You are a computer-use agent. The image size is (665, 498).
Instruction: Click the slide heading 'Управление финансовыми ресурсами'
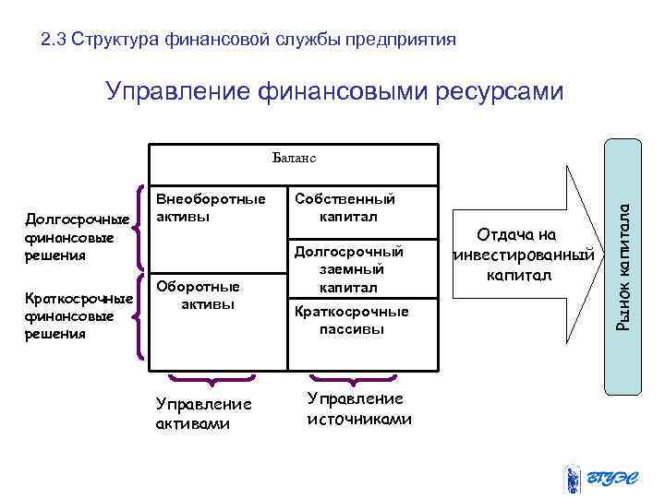(333, 91)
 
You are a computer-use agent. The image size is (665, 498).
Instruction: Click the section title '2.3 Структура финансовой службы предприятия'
(248, 41)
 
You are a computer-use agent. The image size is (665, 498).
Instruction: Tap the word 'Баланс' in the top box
(295, 157)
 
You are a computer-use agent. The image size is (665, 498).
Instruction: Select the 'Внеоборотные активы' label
(210, 207)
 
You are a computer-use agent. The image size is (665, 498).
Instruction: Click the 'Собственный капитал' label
(347, 207)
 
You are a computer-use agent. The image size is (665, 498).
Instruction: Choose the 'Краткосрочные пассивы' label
(350, 320)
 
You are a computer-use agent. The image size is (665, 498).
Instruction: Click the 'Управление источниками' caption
(357, 408)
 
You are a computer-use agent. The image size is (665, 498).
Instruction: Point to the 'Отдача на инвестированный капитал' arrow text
(523, 255)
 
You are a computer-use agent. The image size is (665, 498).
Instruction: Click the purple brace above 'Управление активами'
(212, 378)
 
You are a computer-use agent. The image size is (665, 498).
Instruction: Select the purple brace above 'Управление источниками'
(351, 378)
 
